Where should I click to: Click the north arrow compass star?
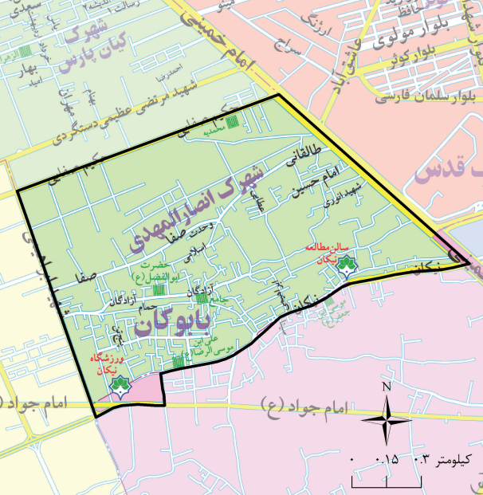click(387, 419)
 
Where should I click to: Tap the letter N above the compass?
click(387, 387)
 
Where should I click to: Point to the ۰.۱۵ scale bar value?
click(390, 459)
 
